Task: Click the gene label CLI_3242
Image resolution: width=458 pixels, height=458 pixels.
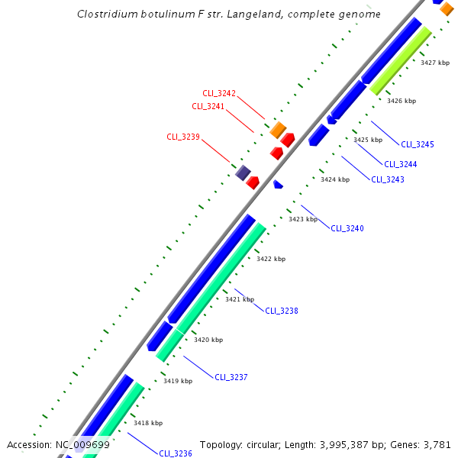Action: pos(219,93)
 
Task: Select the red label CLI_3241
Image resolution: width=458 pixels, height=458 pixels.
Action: pos(208,106)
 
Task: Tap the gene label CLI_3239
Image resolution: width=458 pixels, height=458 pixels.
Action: pos(183,137)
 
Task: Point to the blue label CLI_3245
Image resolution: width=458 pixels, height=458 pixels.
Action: pos(418,144)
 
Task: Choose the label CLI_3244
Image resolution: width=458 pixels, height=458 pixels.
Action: pos(401,164)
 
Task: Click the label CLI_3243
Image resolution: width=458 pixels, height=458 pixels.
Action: pos(388,179)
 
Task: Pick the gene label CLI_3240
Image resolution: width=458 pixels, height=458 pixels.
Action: pos(347,228)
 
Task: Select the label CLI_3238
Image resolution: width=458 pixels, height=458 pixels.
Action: pos(282,311)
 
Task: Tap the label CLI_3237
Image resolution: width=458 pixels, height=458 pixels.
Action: pos(231,377)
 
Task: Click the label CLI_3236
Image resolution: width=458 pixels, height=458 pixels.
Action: pos(176,453)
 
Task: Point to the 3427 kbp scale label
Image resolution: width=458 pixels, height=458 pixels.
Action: pos(434,63)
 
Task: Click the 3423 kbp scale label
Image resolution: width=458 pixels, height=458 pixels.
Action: pos(302,219)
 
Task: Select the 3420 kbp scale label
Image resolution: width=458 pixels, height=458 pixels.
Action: pos(208,340)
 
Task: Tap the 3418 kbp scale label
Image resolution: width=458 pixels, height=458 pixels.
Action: pos(148,422)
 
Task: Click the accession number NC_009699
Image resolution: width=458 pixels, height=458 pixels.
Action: pos(82,444)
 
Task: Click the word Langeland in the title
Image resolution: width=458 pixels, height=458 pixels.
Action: pos(250,15)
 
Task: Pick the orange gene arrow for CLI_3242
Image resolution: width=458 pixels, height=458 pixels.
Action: pos(278,130)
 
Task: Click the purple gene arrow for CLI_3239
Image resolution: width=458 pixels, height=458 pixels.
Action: pos(243,173)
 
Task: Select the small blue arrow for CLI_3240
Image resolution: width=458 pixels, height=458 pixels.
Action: pos(278,184)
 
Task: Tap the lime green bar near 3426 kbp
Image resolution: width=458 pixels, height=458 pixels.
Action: pos(401,61)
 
